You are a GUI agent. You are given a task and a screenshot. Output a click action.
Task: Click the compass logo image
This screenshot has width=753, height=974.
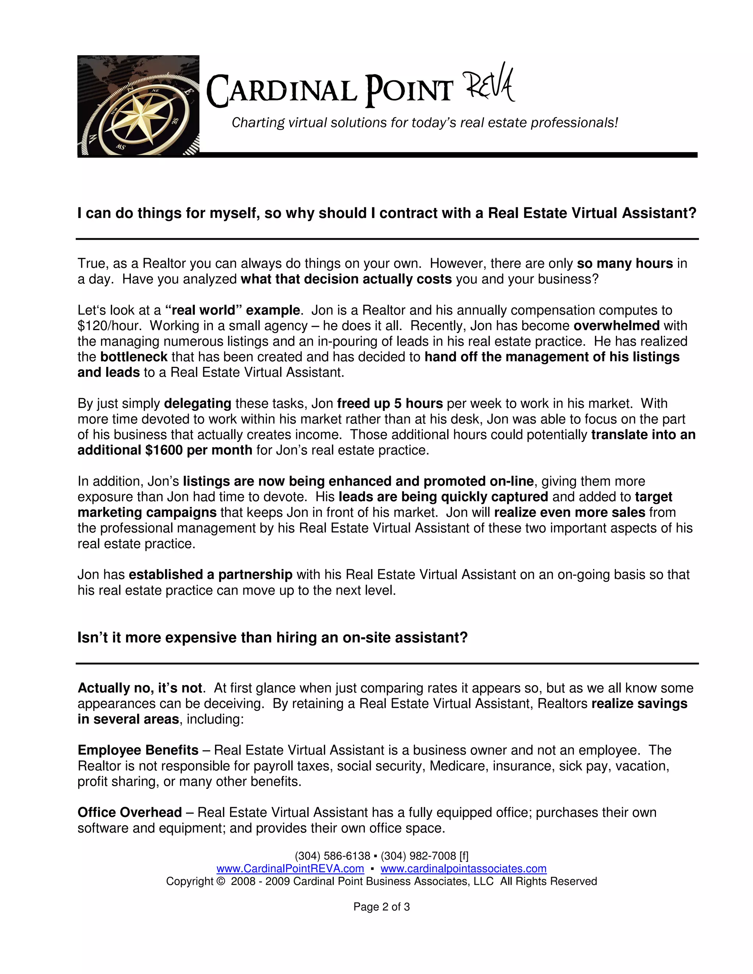138,106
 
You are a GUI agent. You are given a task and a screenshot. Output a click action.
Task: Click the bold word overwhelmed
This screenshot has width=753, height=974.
616,326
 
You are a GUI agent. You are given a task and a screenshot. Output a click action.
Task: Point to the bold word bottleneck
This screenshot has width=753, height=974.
134,357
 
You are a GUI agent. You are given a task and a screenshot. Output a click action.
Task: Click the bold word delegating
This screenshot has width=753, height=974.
197,404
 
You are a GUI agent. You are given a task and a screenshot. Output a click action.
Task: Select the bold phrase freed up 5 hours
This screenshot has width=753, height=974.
389,404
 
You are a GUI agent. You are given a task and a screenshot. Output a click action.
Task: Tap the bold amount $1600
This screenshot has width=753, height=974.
164,451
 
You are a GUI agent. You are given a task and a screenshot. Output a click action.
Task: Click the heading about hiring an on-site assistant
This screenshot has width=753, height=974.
272,638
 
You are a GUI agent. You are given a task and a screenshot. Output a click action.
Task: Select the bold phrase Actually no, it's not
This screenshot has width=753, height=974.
140,688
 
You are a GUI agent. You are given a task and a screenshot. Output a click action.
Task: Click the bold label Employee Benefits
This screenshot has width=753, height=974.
138,751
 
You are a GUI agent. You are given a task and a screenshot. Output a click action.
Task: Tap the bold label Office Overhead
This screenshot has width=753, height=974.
129,813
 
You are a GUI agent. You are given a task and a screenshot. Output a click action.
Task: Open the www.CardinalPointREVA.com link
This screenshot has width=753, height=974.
290,869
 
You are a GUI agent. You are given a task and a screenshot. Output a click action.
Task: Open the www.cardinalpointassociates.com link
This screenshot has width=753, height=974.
463,869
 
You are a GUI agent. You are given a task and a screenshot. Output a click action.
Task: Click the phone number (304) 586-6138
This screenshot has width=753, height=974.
332,856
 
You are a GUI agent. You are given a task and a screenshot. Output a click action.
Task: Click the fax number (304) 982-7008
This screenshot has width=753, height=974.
418,856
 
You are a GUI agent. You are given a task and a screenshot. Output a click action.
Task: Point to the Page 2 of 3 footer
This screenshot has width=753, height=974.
381,907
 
